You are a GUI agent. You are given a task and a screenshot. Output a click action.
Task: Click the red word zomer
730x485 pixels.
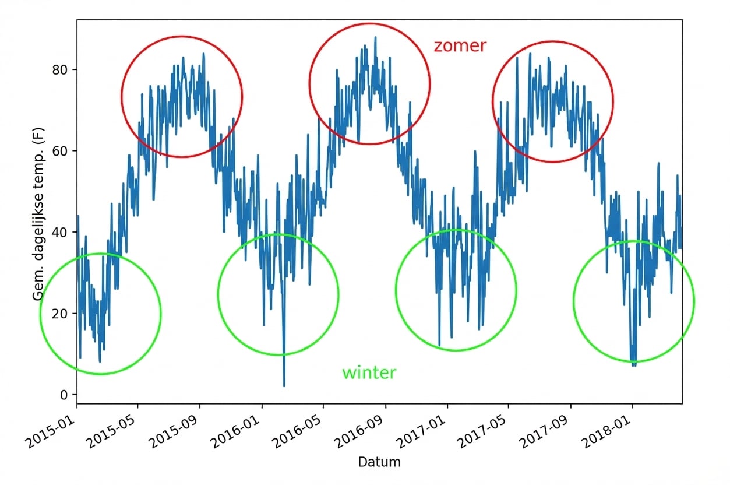tap(460, 46)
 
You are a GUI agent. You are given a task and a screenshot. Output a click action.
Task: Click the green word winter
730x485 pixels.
tap(369, 373)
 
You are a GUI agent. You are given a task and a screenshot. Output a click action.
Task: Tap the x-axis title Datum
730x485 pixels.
tap(379, 462)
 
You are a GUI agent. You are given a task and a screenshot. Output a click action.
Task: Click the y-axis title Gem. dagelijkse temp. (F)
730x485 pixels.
tap(38, 214)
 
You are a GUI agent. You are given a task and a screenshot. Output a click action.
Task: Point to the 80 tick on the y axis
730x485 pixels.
tap(59, 69)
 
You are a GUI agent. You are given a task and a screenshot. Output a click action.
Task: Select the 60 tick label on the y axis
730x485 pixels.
tap(59, 150)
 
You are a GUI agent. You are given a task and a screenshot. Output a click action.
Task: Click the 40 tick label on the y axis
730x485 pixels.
tap(59, 232)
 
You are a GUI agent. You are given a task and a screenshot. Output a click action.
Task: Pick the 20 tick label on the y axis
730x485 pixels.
tap(59, 313)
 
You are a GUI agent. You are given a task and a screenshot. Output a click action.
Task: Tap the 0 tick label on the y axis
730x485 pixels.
tap(64, 395)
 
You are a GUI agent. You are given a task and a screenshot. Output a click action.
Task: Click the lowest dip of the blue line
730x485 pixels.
tap(284, 386)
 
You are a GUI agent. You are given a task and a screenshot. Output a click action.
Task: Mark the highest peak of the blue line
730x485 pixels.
tap(375, 37)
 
